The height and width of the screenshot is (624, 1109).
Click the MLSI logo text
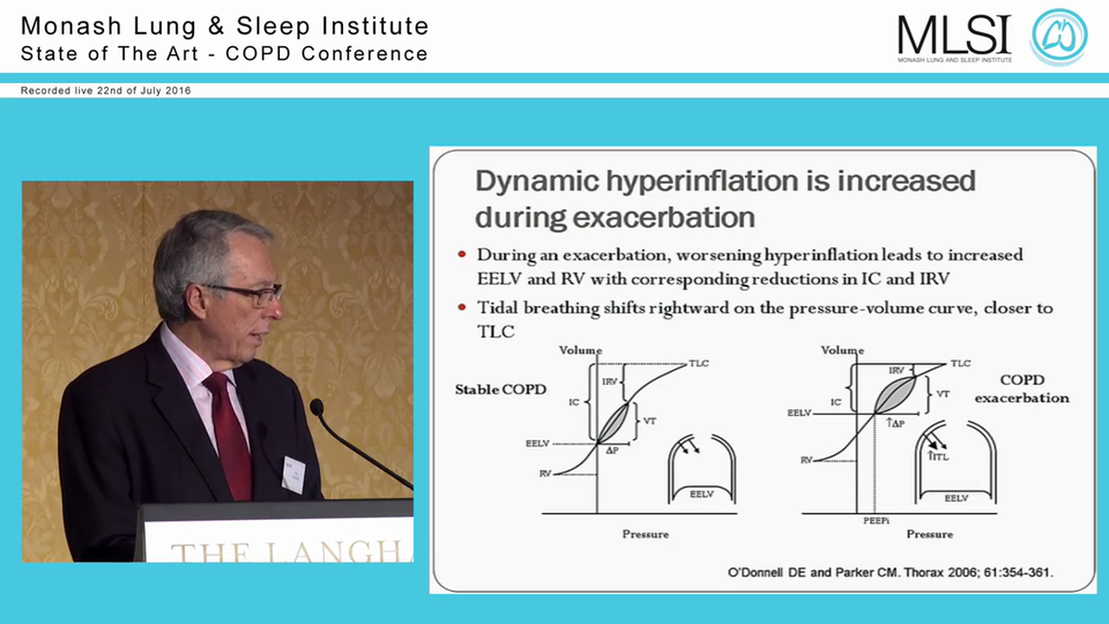(954, 36)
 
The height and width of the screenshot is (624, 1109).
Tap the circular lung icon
(1058, 36)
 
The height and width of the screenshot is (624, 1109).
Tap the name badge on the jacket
(294, 473)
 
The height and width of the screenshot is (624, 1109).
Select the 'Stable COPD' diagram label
(500, 389)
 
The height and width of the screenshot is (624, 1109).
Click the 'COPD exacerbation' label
(1021, 389)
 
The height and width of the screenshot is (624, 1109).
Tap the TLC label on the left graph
(698, 362)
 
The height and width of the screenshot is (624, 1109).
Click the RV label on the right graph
(806, 460)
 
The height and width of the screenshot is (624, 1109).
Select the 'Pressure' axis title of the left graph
(645, 534)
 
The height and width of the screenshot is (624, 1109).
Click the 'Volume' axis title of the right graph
(842, 350)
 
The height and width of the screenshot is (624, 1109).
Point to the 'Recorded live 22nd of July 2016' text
(106, 90)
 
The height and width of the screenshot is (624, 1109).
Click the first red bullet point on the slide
(461, 255)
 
